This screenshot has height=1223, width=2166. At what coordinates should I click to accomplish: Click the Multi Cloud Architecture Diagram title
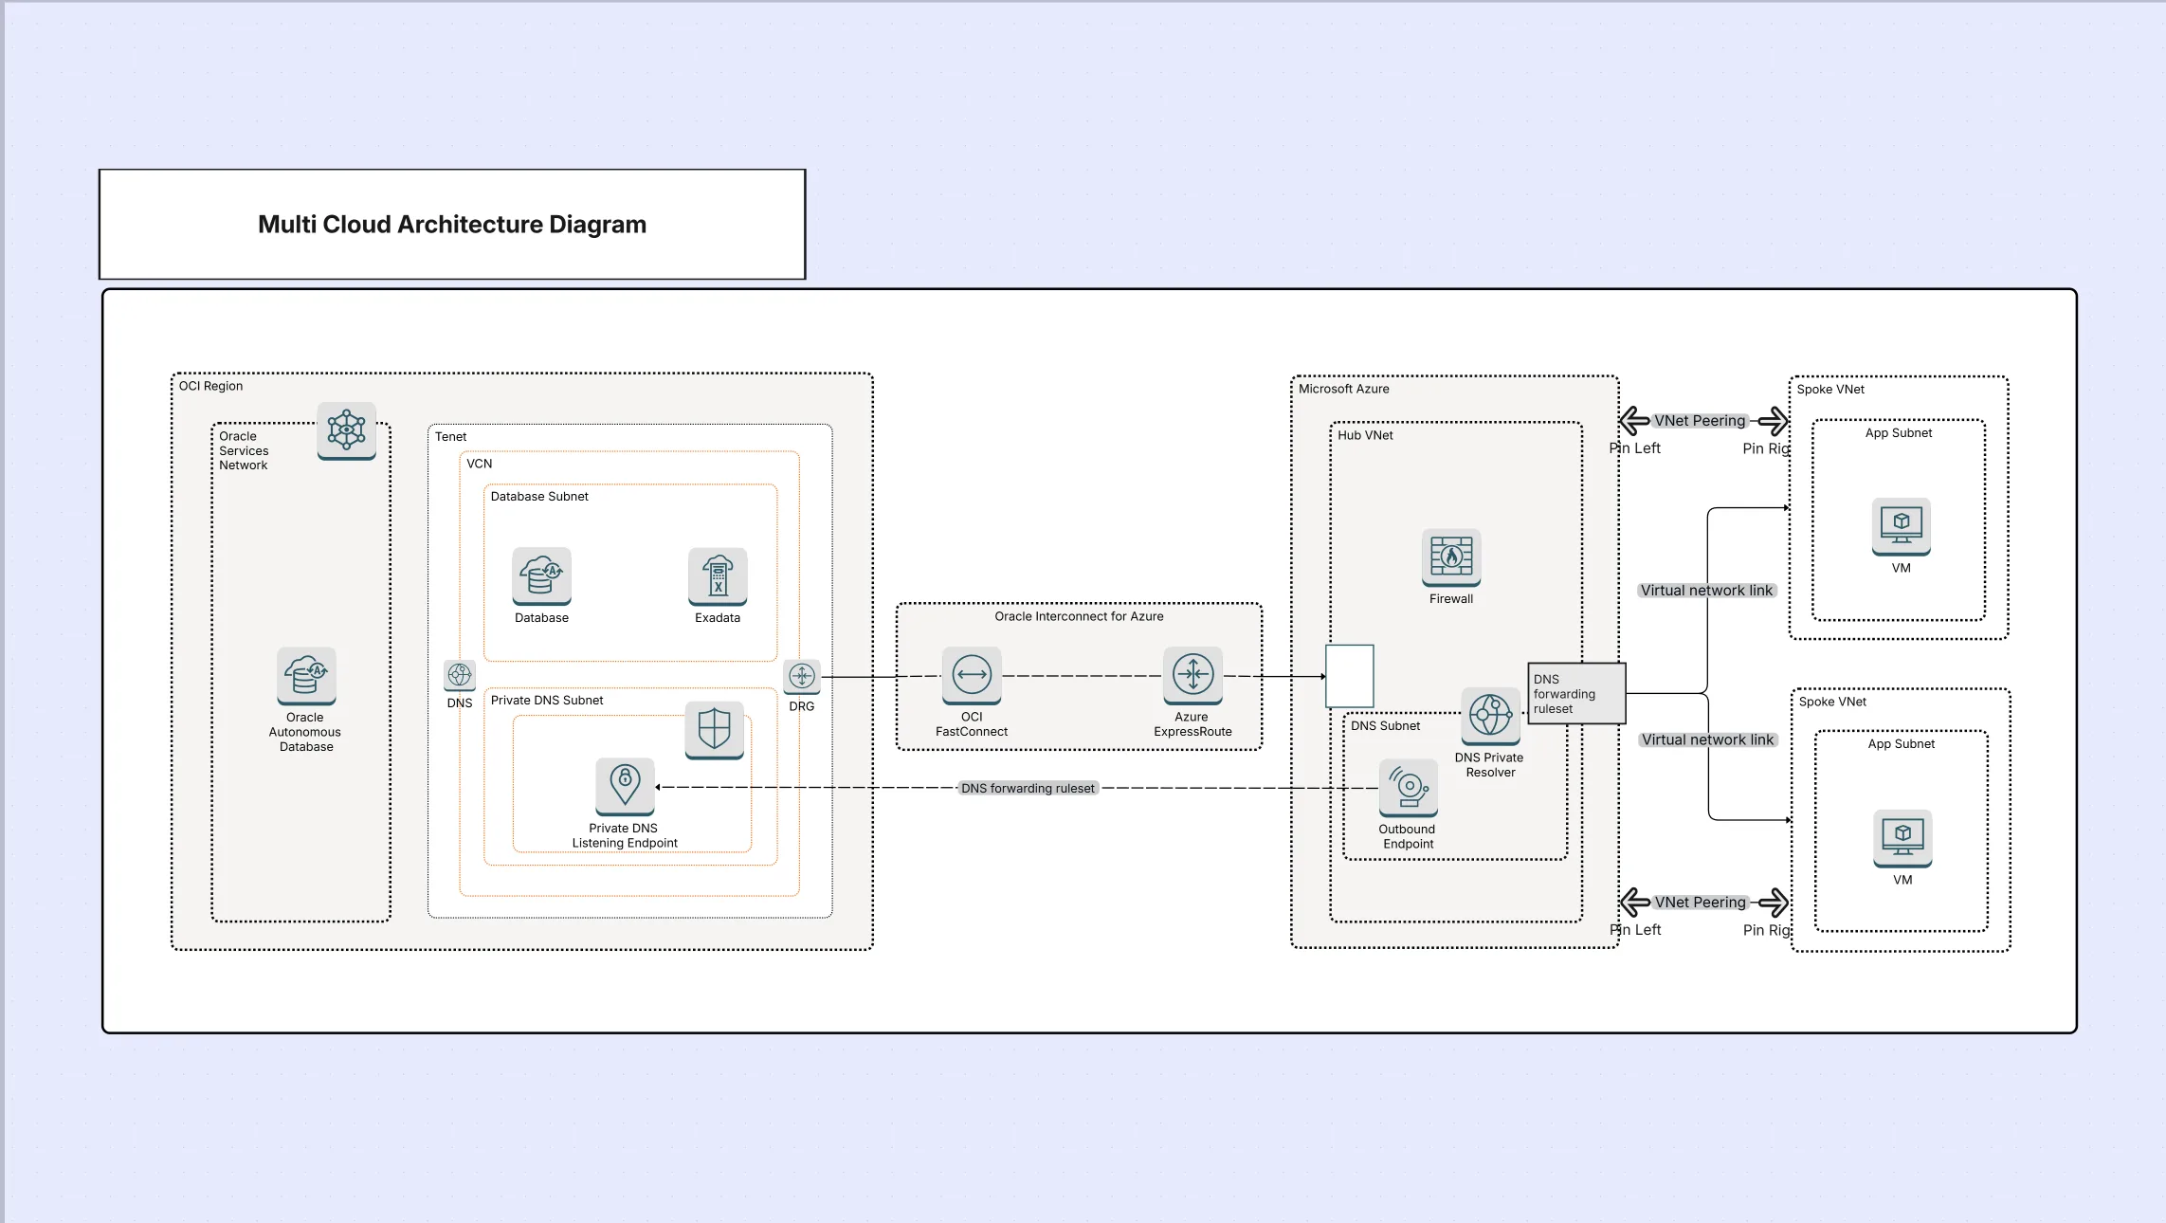click(x=452, y=225)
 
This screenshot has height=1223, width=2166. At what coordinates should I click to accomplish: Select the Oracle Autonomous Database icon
click(x=306, y=675)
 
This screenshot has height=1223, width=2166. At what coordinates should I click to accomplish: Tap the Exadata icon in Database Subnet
click(x=718, y=575)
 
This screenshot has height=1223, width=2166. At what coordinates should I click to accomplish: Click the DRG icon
click(x=802, y=676)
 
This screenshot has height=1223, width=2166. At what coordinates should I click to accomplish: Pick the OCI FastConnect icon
click(x=972, y=675)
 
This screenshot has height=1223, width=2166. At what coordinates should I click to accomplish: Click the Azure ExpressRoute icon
click(x=1192, y=675)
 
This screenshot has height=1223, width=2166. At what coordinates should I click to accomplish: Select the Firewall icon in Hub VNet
click(x=1451, y=557)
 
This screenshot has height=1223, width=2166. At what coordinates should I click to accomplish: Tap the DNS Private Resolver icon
click(x=1490, y=716)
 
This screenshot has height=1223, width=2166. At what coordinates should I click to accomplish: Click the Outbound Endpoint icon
click(x=1409, y=788)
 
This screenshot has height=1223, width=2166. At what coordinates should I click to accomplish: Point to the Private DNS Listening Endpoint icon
click(x=625, y=786)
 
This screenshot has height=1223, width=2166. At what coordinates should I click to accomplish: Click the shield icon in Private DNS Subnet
click(x=714, y=729)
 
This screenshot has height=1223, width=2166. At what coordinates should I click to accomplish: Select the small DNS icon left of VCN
click(x=460, y=675)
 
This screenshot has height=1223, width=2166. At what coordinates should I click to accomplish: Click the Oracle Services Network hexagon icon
click(x=347, y=430)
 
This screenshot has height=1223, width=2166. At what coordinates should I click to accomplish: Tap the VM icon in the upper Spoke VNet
click(x=1901, y=525)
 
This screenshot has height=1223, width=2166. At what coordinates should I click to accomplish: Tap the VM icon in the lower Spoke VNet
click(x=1902, y=837)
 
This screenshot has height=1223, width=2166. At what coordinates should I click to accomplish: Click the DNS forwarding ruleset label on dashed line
click(x=1028, y=788)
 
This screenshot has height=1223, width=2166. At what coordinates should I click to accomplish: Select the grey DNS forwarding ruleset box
click(x=1576, y=694)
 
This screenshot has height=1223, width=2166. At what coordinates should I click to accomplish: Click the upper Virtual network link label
click(x=1706, y=590)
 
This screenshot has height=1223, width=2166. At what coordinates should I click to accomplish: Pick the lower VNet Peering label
click(x=1701, y=903)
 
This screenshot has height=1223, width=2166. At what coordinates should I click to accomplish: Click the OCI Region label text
click(x=210, y=386)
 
